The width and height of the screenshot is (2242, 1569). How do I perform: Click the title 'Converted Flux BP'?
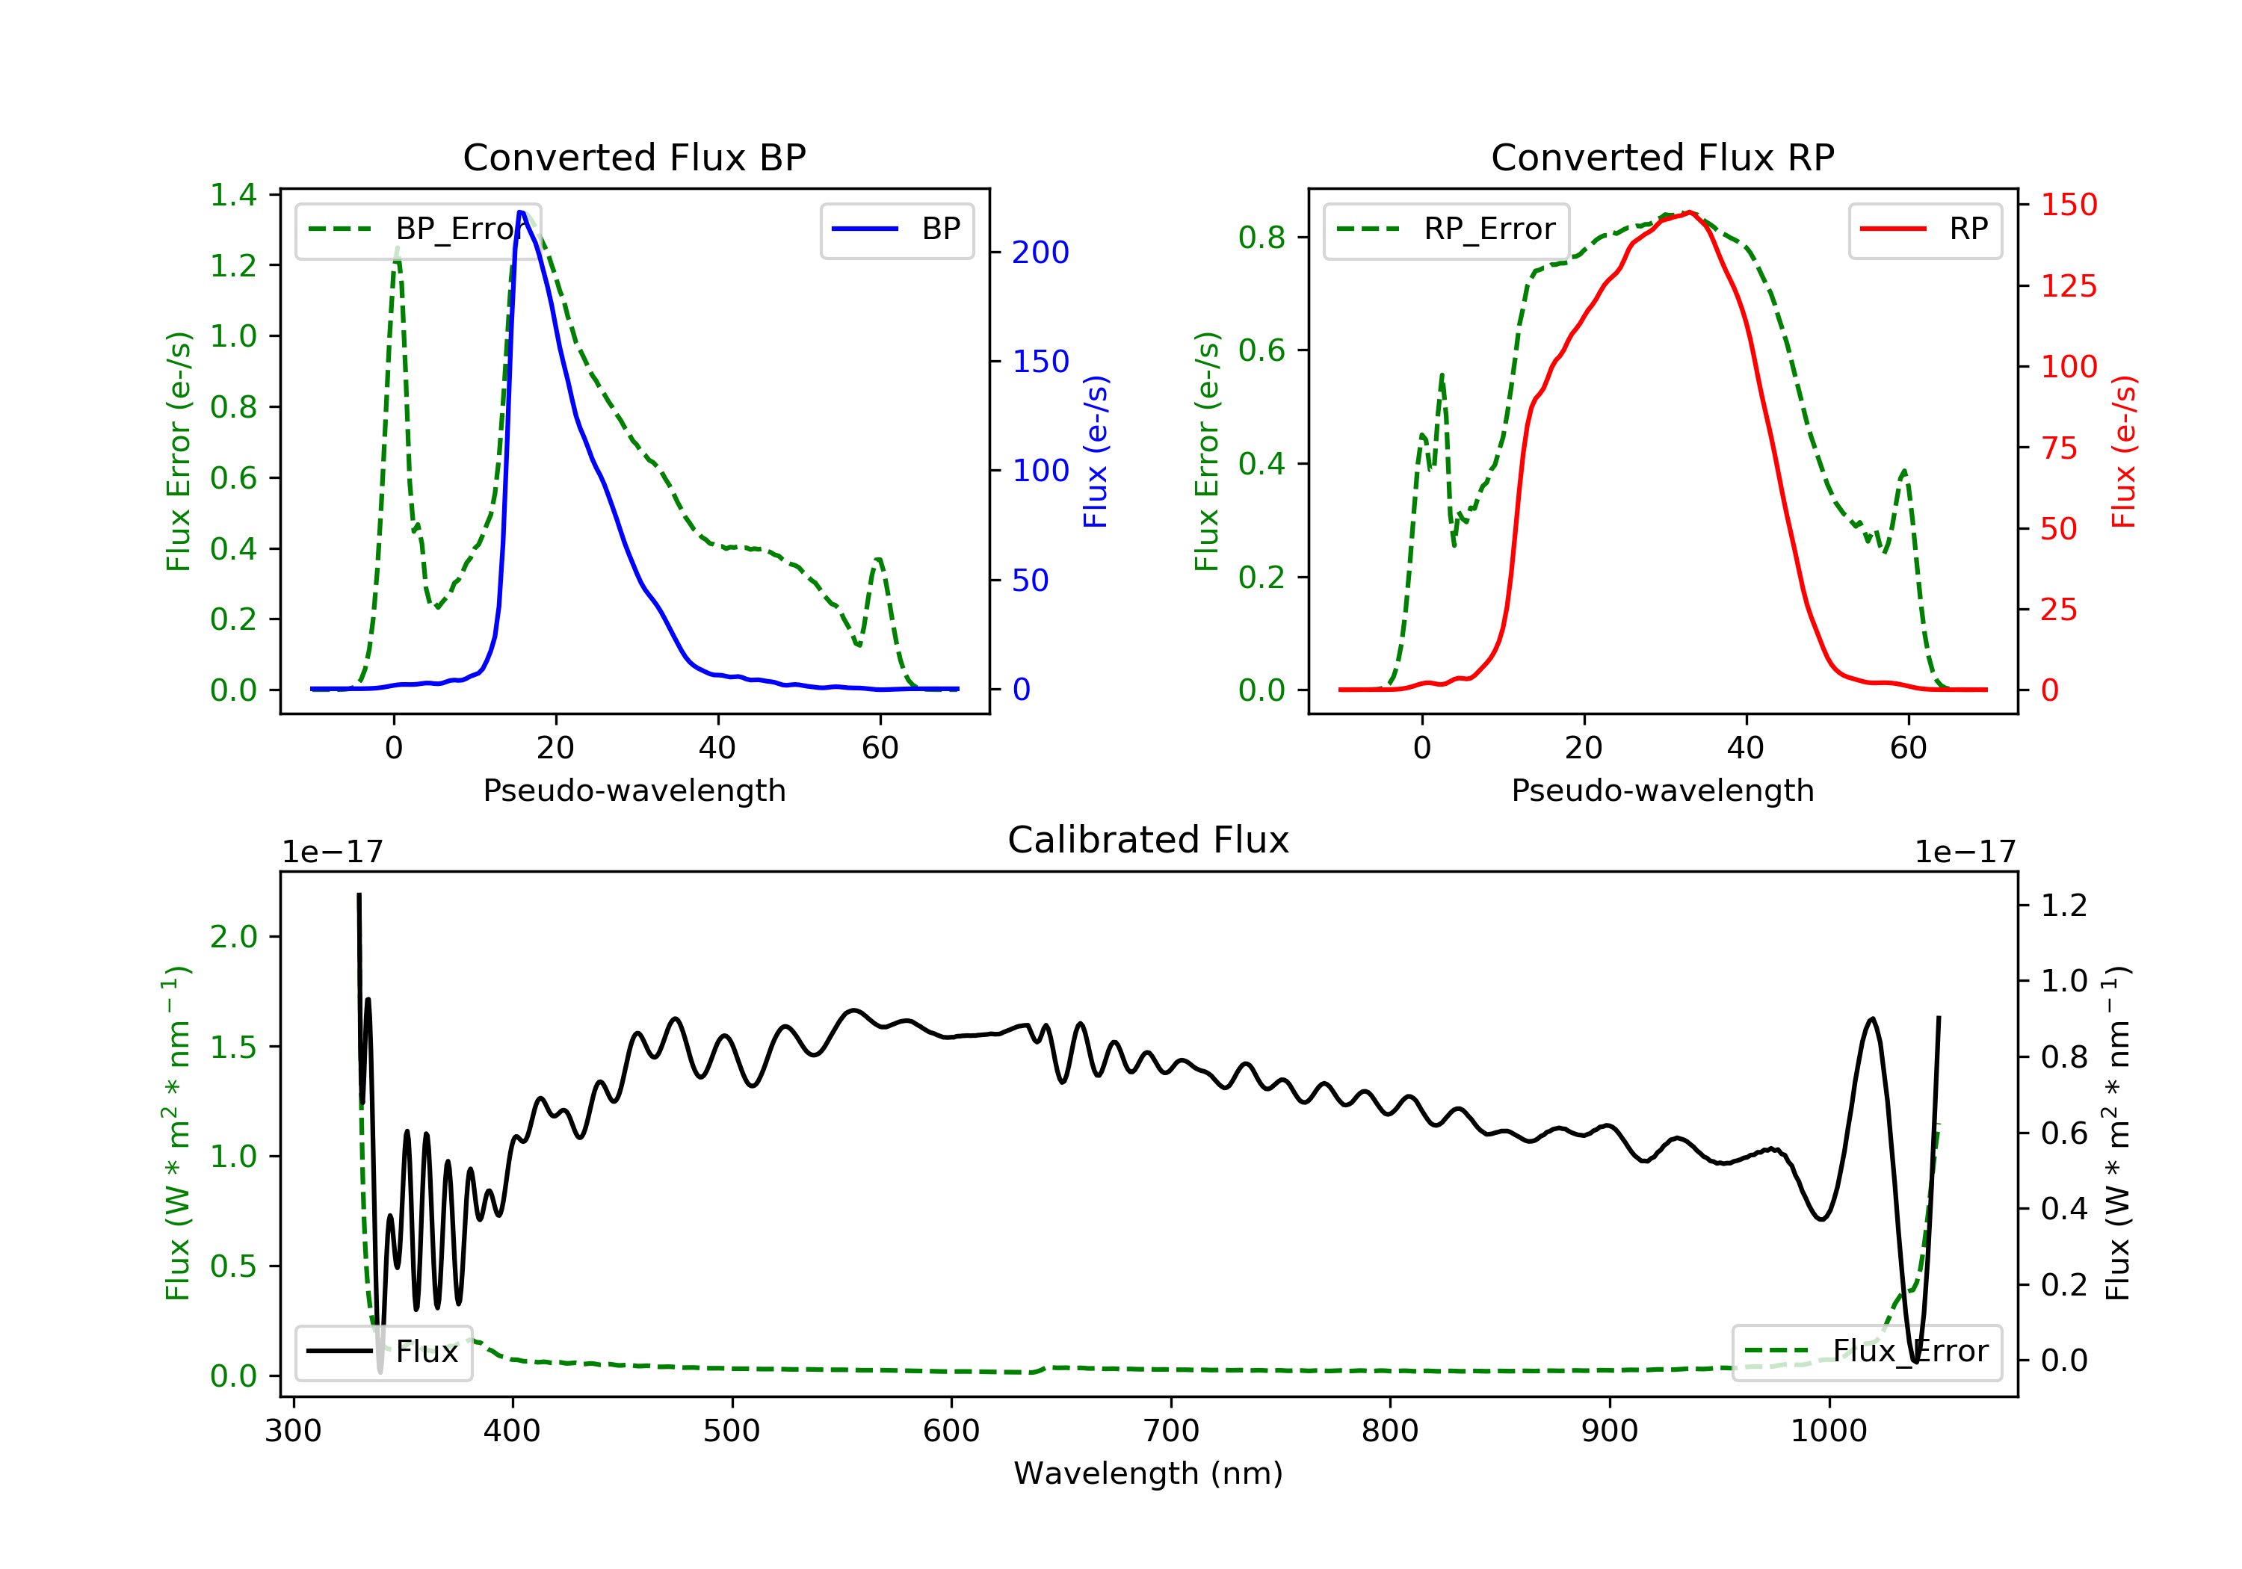(x=634, y=157)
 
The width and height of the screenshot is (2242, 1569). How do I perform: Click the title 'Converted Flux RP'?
(x=1663, y=157)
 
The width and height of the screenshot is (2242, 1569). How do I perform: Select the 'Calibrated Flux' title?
(x=1149, y=840)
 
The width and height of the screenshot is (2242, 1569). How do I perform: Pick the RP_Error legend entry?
(x=1446, y=229)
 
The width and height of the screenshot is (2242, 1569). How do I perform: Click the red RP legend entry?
(x=1924, y=229)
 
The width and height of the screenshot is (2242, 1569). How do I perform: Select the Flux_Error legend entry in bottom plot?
(x=1867, y=1352)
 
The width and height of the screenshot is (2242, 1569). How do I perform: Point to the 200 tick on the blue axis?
(x=1040, y=253)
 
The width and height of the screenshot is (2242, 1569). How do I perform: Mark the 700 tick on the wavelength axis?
(x=1171, y=1432)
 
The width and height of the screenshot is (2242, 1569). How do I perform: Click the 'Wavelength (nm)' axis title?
(x=1149, y=1473)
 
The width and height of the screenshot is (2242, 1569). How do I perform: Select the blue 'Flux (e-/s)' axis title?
(x=1096, y=452)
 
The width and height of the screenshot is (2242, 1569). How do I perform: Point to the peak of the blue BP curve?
(x=522, y=212)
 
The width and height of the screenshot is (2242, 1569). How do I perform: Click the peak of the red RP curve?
(x=1689, y=213)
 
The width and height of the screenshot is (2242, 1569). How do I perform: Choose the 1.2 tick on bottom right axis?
(x=2064, y=905)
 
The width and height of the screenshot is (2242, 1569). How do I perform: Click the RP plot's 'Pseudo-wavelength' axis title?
(x=1663, y=790)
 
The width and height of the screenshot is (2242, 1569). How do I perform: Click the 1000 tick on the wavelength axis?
(x=1829, y=1432)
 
